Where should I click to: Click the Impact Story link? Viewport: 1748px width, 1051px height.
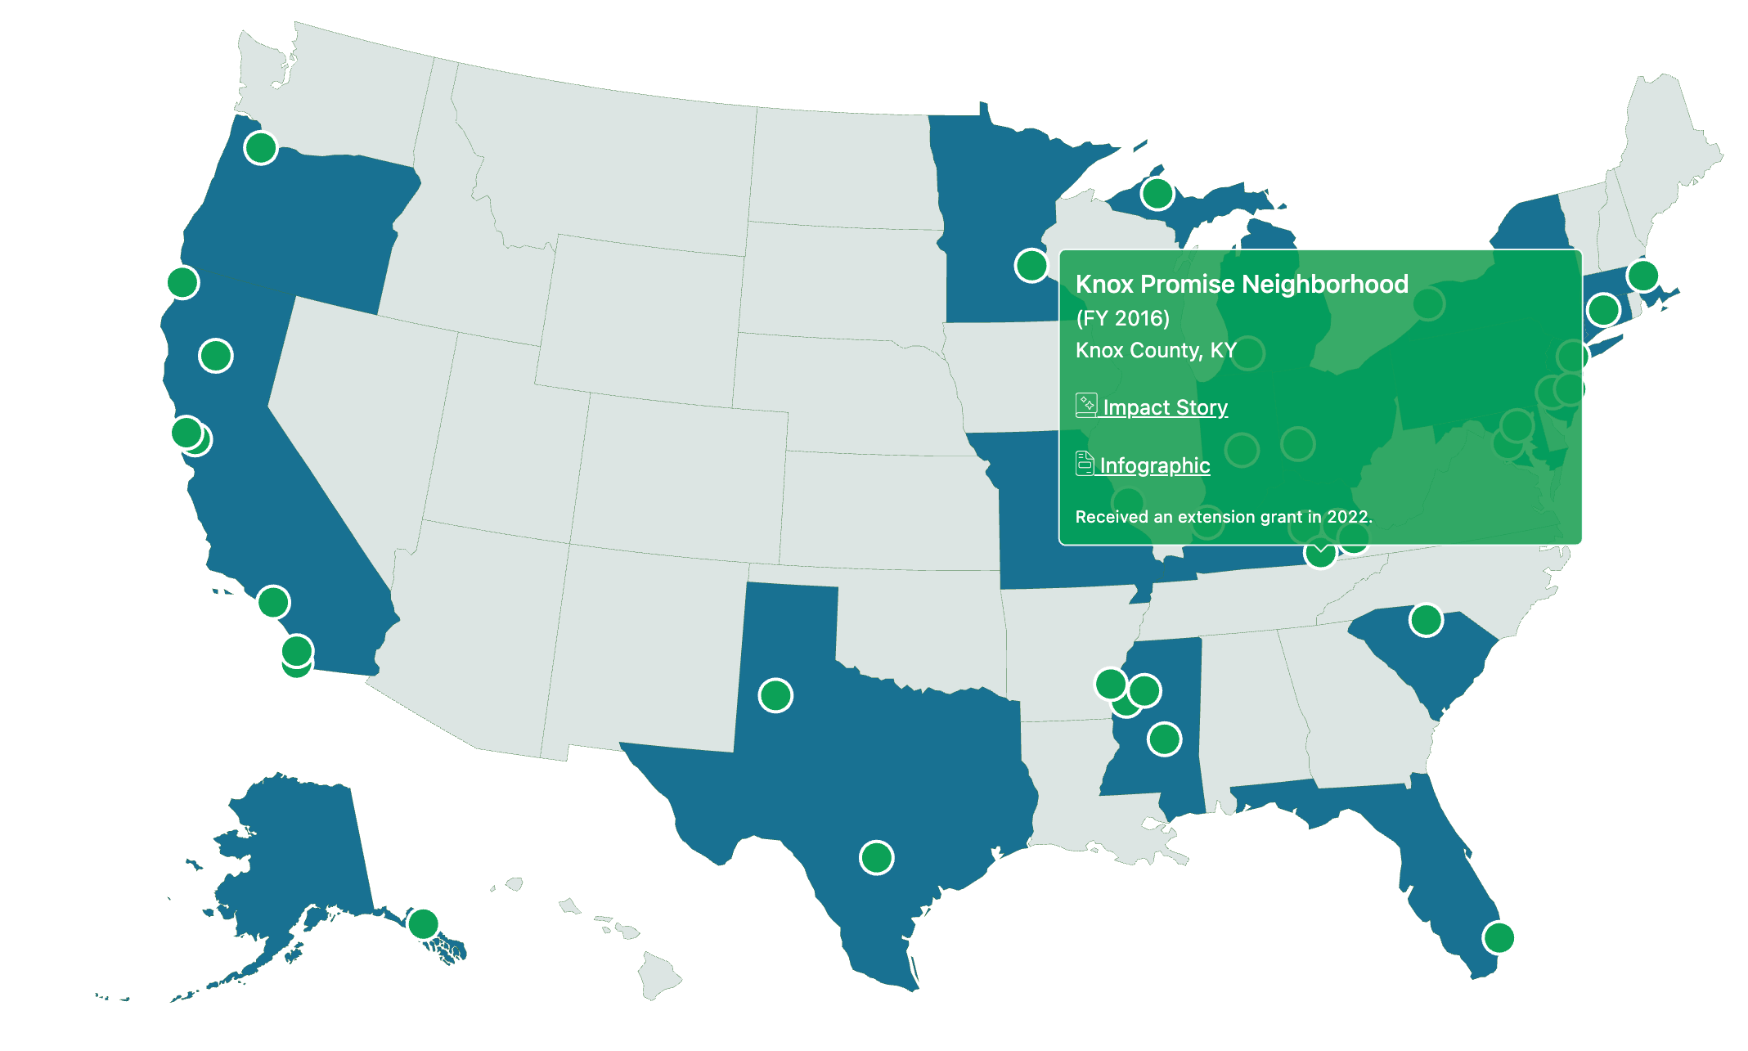pos(1165,407)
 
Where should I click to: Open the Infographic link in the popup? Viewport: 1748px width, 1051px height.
pos(1154,465)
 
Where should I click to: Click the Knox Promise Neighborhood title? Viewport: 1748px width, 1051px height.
pos(1242,284)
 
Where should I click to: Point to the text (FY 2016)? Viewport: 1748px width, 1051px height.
pos(1122,318)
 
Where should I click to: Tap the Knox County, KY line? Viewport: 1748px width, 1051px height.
pos(1155,350)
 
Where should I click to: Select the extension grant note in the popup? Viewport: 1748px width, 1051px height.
pos(1224,517)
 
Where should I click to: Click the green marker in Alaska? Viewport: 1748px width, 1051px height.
pos(423,923)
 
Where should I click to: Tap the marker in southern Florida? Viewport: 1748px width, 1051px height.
pos(1499,937)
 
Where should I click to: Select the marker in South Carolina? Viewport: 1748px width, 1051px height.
pos(1426,620)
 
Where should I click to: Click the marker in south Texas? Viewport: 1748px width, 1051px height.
pos(876,857)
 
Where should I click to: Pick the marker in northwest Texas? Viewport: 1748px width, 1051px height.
pos(775,695)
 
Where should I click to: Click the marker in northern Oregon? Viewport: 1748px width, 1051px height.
pos(261,148)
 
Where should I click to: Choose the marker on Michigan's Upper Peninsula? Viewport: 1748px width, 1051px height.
pos(1157,194)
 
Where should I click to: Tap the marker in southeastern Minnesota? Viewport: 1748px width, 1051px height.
pos(1031,265)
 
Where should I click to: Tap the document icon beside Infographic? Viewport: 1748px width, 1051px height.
pos(1085,464)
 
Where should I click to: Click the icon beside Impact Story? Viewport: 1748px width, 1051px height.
pos(1086,405)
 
